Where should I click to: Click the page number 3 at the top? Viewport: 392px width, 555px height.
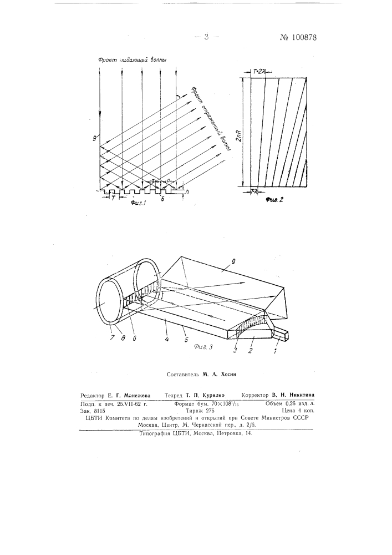[206, 37]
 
